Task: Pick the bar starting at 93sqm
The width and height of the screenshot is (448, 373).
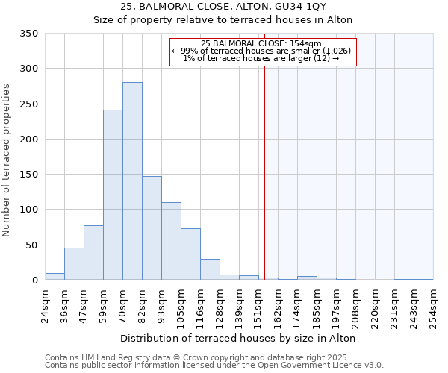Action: click(x=171, y=242)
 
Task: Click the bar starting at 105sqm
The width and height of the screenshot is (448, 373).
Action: click(x=190, y=254)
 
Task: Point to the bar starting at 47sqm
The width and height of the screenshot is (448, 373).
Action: click(x=93, y=253)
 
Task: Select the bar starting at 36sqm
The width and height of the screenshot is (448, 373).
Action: click(x=74, y=264)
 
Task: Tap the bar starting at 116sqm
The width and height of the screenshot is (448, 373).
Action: click(x=210, y=270)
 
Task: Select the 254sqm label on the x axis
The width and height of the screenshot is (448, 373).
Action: click(x=433, y=306)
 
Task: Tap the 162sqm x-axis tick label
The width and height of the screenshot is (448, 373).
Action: click(x=278, y=306)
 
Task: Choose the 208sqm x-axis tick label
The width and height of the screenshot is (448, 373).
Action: click(x=355, y=306)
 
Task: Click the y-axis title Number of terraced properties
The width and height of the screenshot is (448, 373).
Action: click(x=7, y=160)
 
